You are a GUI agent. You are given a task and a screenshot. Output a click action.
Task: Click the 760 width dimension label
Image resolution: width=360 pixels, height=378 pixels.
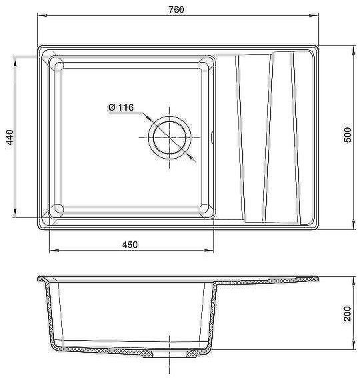pyautogui.click(x=176, y=9)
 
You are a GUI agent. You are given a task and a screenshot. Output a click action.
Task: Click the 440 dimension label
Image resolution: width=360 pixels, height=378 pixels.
pyautogui.click(x=10, y=137)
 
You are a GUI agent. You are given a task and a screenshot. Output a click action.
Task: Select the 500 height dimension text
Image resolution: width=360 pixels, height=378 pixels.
pyautogui.click(x=348, y=135)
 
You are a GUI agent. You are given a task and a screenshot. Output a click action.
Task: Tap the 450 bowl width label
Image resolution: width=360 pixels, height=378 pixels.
pyautogui.click(x=130, y=245)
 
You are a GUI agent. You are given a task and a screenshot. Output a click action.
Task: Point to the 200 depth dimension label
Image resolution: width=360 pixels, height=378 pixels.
pyautogui.click(x=348, y=313)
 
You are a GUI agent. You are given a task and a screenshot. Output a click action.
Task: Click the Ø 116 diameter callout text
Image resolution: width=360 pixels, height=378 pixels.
pyautogui.click(x=121, y=107)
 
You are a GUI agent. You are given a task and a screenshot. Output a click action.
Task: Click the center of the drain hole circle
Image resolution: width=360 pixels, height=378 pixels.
pyautogui.click(x=170, y=137)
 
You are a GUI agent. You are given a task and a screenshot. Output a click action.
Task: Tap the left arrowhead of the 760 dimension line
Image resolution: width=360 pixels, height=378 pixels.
pyautogui.click(x=42, y=16)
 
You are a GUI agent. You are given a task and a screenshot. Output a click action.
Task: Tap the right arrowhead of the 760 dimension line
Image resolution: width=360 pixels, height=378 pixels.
pyautogui.click(x=314, y=16)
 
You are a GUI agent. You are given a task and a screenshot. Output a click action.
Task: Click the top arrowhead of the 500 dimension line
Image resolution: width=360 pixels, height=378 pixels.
pyautogui.click(x=353, y=50)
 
